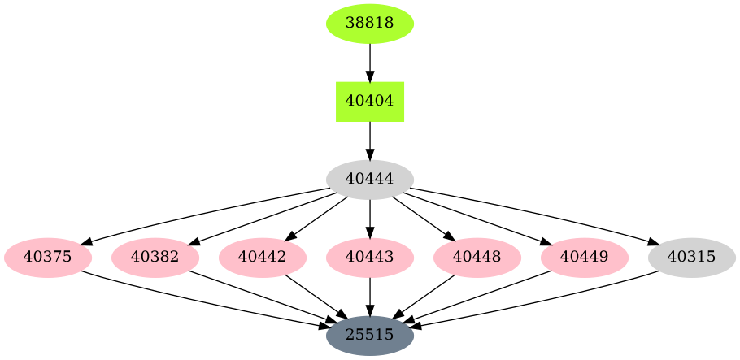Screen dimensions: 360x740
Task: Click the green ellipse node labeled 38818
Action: (370, 23)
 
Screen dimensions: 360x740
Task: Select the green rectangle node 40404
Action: (370, 102)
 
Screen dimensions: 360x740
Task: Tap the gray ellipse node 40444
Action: (370, 180)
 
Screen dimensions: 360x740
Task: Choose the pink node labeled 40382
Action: (155, 258)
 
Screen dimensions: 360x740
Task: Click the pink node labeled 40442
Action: (263, 258)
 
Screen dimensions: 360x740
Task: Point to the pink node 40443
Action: (370, 258)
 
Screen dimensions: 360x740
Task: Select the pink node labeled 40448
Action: (477, 258)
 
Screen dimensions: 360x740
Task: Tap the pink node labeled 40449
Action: (585, 258)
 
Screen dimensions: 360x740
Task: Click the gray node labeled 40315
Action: (692, 258)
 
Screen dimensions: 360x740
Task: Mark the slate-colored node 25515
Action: (370, 335)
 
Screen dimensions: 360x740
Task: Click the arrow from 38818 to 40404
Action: (370, 62)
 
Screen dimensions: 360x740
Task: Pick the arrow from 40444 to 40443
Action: (370, 218)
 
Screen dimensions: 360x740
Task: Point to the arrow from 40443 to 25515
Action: (370, 296)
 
